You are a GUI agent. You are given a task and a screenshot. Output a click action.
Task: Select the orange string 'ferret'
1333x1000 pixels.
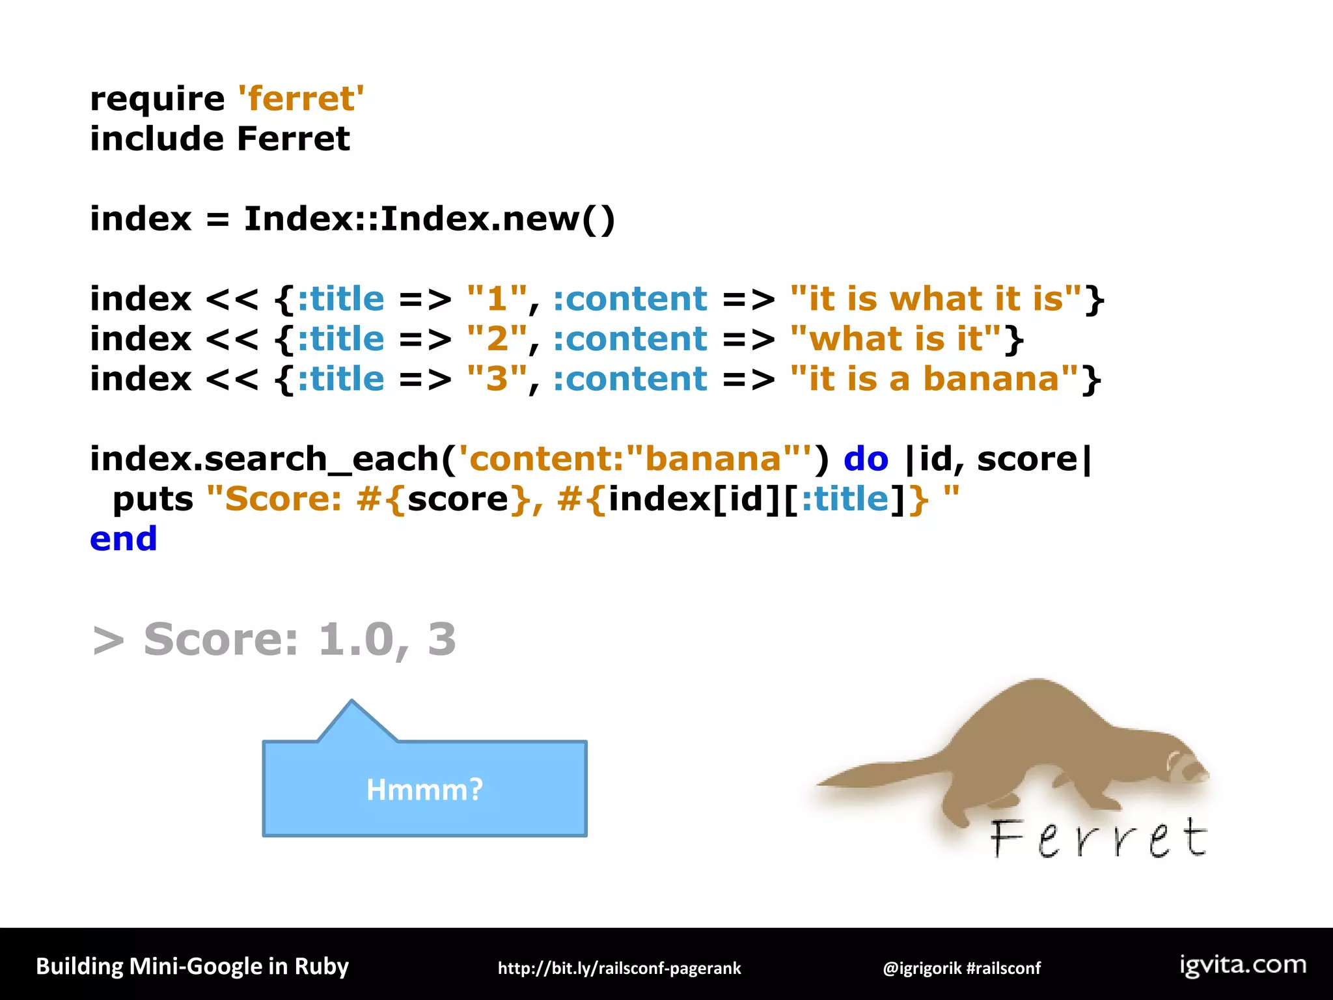(x=301, y=99)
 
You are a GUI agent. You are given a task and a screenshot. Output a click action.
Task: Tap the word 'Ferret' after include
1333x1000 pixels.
(x=293, y=139)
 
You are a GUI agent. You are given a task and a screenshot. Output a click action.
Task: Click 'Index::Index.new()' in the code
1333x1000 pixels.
(x=429, y=219)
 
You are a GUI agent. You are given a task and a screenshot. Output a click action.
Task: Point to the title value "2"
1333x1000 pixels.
(x=497, y=339)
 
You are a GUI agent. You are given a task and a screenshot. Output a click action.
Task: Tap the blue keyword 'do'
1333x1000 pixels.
(x=866, y=460)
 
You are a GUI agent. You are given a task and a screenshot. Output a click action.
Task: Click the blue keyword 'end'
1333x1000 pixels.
(x=124, y=539)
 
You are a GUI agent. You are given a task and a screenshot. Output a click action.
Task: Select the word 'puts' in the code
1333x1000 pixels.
(x=153, y=500)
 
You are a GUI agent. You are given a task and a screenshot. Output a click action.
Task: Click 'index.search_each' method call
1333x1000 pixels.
(x=264, y=460)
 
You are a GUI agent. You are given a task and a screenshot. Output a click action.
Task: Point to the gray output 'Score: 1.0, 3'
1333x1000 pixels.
(x=299, y=639)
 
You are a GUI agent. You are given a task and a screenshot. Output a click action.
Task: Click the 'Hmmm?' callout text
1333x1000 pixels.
(x=424, y=790)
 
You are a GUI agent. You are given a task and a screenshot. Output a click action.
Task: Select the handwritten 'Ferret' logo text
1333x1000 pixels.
(x=1099, y=839)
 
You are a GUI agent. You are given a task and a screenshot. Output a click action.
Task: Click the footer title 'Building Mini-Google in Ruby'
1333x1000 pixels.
(x=192, y=967)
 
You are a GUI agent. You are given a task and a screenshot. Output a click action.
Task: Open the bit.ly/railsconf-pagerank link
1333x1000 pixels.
(x=619, y=968)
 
